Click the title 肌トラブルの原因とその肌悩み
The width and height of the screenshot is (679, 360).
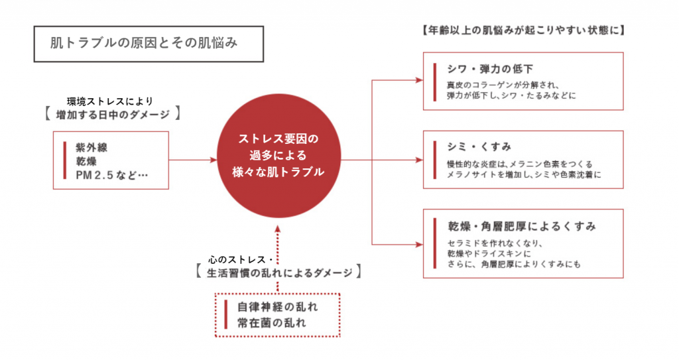144,44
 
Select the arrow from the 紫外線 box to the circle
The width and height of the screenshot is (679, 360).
193,160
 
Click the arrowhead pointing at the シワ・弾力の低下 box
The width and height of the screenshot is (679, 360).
420,80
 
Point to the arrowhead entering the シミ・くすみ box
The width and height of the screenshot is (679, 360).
420,160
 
